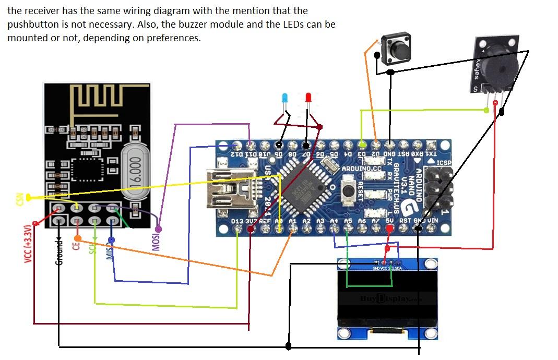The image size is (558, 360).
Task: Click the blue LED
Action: pyautogui.click(x=284, y=98)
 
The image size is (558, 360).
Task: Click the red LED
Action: pyautogui.click(x=308, y=98)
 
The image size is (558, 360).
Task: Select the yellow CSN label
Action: pyautogui.click(x=20, y=199)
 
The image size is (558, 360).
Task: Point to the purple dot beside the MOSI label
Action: pyautogui.click(x=158, y=229)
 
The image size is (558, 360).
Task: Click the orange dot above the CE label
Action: pyautogui.click(x=77, y=237)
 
